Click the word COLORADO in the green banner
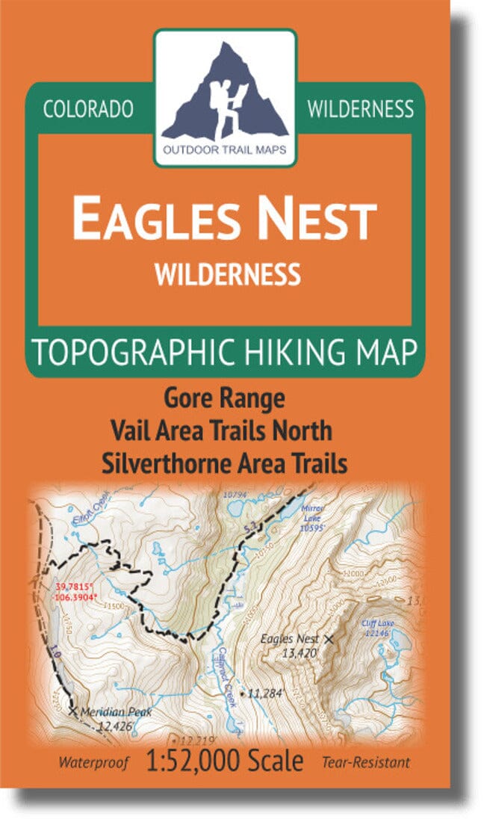pyautogui.click(x=88, y=109)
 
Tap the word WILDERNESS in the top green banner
pyautogui.click(x=360, y=109)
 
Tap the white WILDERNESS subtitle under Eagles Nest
pyautogui.click(x=227, y=275)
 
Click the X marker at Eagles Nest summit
pyautogui.click(x=329, y=638)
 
